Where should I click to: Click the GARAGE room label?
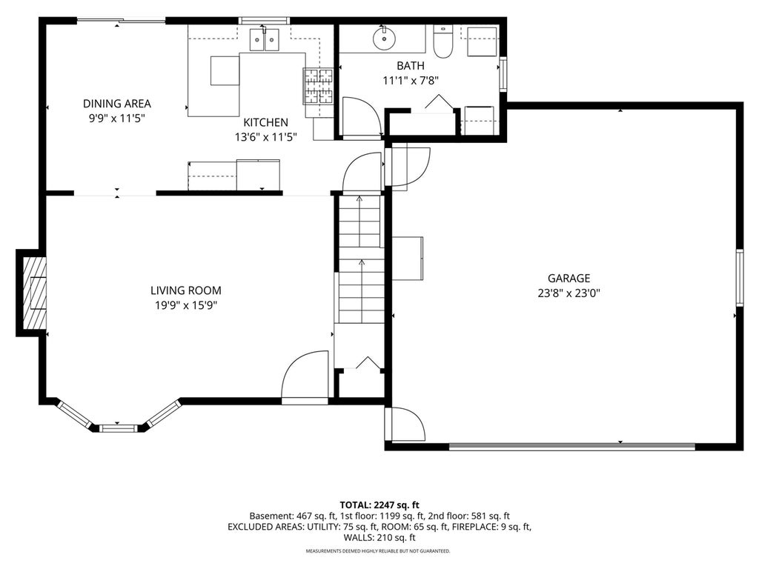click(569, 279)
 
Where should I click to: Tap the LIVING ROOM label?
click(186, 290)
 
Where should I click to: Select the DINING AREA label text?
click(117, 104)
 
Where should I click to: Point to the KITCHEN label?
click(266, 122)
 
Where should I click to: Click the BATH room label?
click(411, 66)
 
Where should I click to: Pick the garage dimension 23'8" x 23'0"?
click(569, 293)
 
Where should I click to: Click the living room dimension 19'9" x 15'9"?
click(186, 305)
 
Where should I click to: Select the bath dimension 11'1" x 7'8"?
click(411, 81)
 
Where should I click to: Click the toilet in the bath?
click(443, 41)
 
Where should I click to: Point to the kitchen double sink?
click(265, 40)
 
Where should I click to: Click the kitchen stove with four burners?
click(319, 86)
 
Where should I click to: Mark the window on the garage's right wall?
click(740, 277)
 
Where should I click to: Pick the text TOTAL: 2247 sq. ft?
click(379, 505)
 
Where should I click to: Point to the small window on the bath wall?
click(503, 74)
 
